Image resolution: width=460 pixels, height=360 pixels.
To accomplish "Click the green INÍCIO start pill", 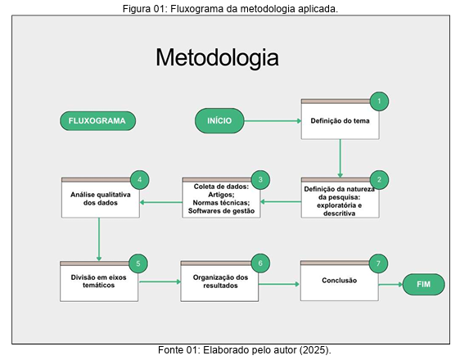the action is [219, 121].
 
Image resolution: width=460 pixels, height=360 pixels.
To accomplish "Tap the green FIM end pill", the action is [424, 284].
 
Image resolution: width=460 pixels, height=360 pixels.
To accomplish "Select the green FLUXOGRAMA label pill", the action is [97, 121].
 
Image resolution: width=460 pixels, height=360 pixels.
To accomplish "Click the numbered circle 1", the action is [379, 101].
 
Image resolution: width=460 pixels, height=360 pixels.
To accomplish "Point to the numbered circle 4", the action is [140, 180].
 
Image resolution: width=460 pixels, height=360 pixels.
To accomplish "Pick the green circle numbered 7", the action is [378, 263].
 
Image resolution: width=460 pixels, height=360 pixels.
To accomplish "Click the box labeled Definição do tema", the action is [340, 119].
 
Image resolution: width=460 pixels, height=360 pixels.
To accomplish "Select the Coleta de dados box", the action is [221, 197].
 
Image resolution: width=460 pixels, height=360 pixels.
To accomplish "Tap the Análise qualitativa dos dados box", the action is [101, 197].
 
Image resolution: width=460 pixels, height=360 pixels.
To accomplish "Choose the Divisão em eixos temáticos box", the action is [99, 281].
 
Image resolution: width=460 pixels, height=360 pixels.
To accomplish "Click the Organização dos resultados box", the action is [219, 281].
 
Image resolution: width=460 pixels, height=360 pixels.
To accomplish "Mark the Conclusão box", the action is [340, 281].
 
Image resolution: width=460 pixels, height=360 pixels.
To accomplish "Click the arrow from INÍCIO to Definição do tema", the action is [273, 121].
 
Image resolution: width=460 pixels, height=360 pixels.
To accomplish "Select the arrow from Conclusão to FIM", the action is [390, 285].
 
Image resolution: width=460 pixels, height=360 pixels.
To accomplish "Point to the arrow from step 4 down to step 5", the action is [99, 240].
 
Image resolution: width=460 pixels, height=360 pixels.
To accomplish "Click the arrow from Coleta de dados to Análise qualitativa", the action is [161, 202].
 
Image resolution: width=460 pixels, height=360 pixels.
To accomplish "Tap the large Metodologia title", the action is [218, 58].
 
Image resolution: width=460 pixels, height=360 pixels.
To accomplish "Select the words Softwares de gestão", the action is [221, 211].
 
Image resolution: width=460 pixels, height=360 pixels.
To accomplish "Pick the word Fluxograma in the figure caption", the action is [196, 9].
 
